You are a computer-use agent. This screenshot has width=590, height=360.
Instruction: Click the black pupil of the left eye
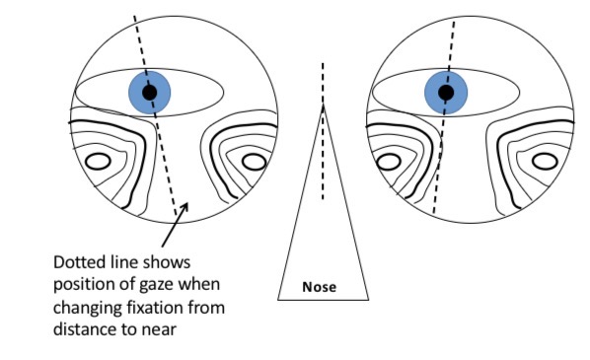[x=149, y=93]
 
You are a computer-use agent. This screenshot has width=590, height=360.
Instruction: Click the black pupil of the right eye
[x=446, y=93]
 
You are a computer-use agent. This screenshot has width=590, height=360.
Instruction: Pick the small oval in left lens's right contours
[x=254, y=161]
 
